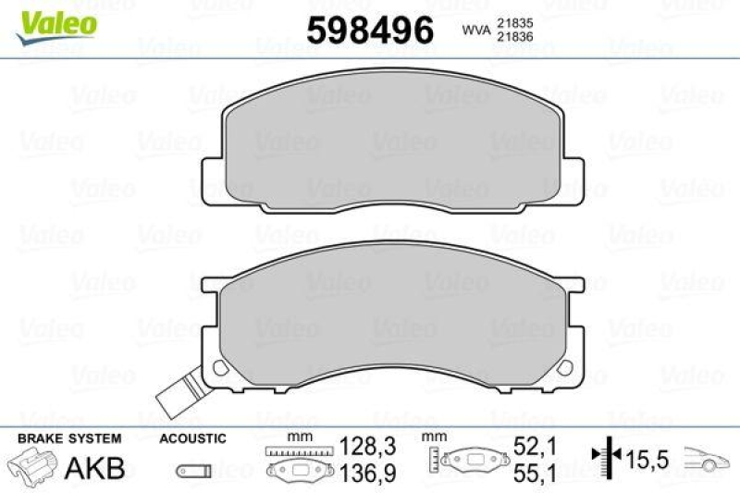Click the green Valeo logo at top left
52,20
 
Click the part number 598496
369,31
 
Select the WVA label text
475,31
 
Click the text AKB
94,467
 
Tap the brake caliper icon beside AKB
33,466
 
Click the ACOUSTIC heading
192,438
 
